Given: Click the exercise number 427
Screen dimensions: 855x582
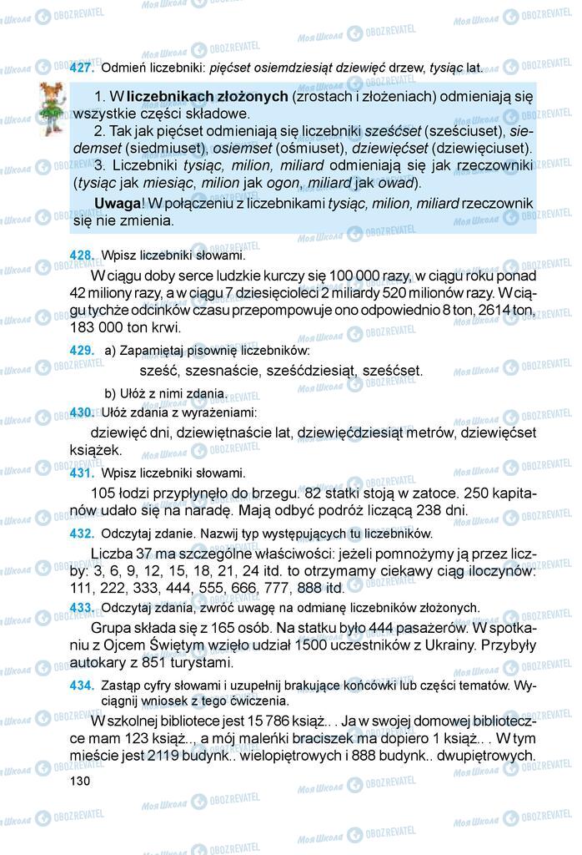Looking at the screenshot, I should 82,67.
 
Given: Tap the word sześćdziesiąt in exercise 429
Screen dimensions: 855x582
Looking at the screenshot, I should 306,371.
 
